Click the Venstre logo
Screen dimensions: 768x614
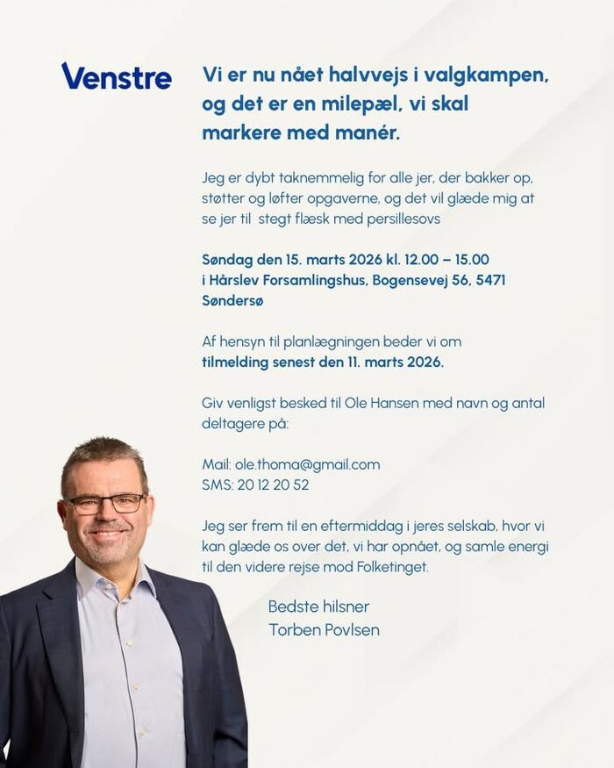click(117, 76)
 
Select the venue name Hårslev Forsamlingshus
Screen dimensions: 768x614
click(288, 280)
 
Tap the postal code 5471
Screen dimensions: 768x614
click(489, 280)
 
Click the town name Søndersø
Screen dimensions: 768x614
click(232, 300)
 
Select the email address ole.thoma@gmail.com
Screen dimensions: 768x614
click(307, 464)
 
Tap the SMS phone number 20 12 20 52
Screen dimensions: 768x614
click(273, 484)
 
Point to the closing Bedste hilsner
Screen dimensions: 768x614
click(318, 607)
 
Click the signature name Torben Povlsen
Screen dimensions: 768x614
click(324, 629)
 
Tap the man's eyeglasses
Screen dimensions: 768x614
click(106, 503)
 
